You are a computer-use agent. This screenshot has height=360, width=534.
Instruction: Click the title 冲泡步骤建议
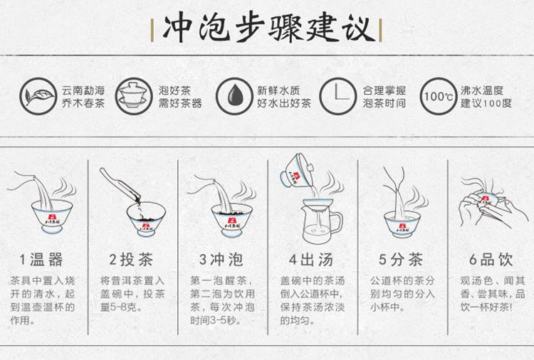coord(267,28)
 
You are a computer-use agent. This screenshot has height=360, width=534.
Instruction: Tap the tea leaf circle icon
coord(38,96)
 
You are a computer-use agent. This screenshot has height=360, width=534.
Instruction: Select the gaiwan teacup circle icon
coord(133,96)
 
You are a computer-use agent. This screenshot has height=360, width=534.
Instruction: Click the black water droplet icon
coord(234,96)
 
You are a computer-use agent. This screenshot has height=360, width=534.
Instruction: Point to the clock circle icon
coord(337,96)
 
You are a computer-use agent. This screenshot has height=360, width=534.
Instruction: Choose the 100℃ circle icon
coord(439,96)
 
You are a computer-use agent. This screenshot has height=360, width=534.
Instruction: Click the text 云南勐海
coord(83,90)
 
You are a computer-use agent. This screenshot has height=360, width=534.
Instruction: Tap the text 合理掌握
coord(384,90)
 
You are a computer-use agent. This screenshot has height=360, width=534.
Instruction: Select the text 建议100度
coord(486,102)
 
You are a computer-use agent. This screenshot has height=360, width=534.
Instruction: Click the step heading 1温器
coord(41,260)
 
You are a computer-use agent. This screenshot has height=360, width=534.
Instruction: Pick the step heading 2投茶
coord(131,260)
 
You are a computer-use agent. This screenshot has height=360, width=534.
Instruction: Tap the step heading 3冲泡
coord(221,260)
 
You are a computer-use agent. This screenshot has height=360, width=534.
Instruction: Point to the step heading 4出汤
coord(311,260)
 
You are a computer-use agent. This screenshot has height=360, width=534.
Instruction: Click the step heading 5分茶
coord(401,260)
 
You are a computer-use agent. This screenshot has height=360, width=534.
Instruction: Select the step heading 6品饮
coord(491,260)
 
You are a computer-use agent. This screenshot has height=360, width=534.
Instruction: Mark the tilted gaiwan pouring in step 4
coord(296,171)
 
